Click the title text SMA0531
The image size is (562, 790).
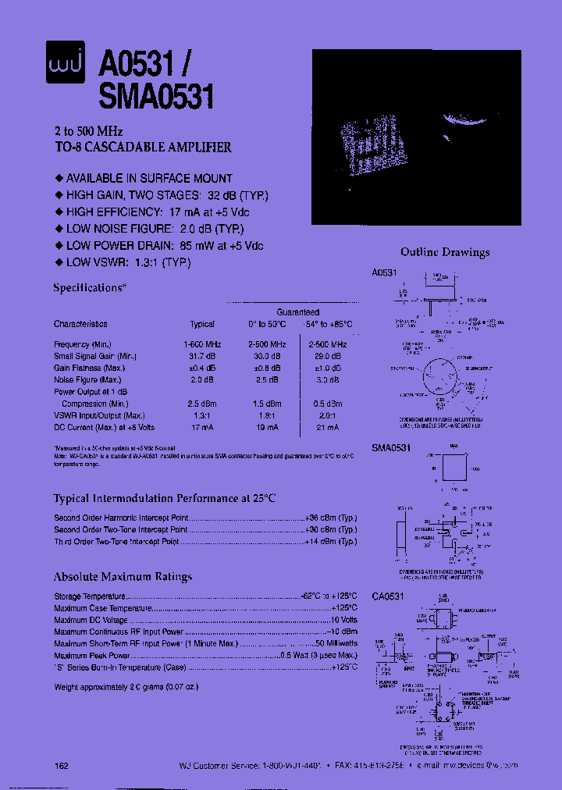point(156,98)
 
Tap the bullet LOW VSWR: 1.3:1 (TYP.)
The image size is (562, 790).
point(128,262)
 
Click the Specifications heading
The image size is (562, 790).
point(89,287)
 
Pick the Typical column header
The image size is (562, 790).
point(202,324)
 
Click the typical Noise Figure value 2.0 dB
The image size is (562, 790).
point(202,380)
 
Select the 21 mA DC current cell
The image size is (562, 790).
point(327,428)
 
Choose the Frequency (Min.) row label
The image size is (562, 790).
point(83,344)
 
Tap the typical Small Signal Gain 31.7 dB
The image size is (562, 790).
point(202,356)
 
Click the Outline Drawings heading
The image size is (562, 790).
point(445,252)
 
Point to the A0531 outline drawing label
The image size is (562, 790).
point(384,273)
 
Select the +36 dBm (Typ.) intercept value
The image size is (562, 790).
point(330,518)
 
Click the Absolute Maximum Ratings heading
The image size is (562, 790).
point(123,577)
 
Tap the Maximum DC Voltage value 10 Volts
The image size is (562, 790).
point(340,620)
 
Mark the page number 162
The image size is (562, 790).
point(62,766)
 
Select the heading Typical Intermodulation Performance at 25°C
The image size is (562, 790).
point(165,498)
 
